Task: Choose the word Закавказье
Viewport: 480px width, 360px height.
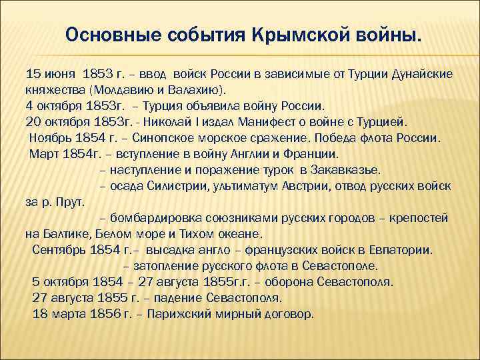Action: pyautogui.click(x=345, y=170)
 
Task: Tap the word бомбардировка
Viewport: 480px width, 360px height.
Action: pyautogui.click(x=152, y=218)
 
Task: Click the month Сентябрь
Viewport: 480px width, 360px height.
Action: pyautogui.click(x=59, y=250)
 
